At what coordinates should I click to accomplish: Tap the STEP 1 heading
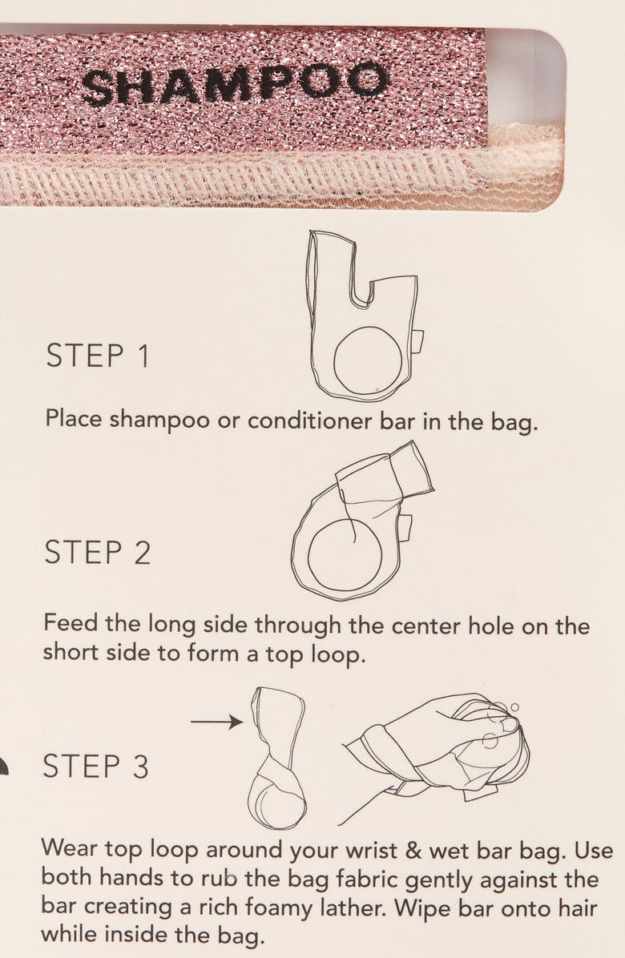point(98,356)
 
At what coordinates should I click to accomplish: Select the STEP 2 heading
point(97,553)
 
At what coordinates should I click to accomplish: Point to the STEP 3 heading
point(95,766)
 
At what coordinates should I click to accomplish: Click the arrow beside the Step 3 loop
point(217,723)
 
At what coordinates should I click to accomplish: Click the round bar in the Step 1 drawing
point(368,360)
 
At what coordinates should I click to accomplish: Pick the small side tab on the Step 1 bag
point(418,341)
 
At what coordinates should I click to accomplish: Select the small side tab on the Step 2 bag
point(405,528)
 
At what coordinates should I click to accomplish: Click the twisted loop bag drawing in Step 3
point(276,758)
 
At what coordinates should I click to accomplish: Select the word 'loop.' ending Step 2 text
point(338,654)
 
